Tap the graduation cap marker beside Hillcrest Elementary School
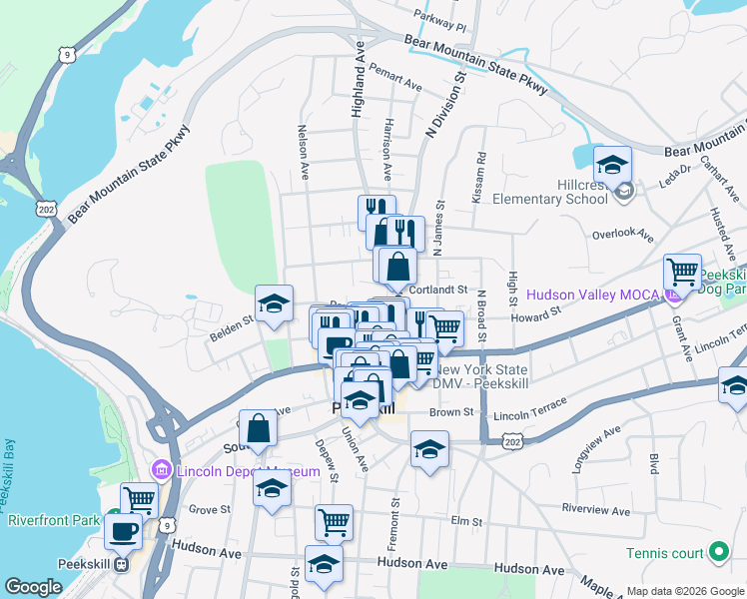pyautogui.click(x=612, y=164)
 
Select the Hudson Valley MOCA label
pyautogui.click(x=591, y=295)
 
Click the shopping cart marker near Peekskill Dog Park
pyautogui.click(x=683, y=271)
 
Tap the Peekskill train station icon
pyautogui.click(x=121, y=564)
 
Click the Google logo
pyautogui.click(x=33, y=587)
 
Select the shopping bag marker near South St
pyautogui.click(x=258, y=428)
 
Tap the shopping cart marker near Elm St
pyautogui.click(x=334, y=521)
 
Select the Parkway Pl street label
pyautogui.click(x=441, y=21)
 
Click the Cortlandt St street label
pyautogui.click(x=444, y=290)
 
